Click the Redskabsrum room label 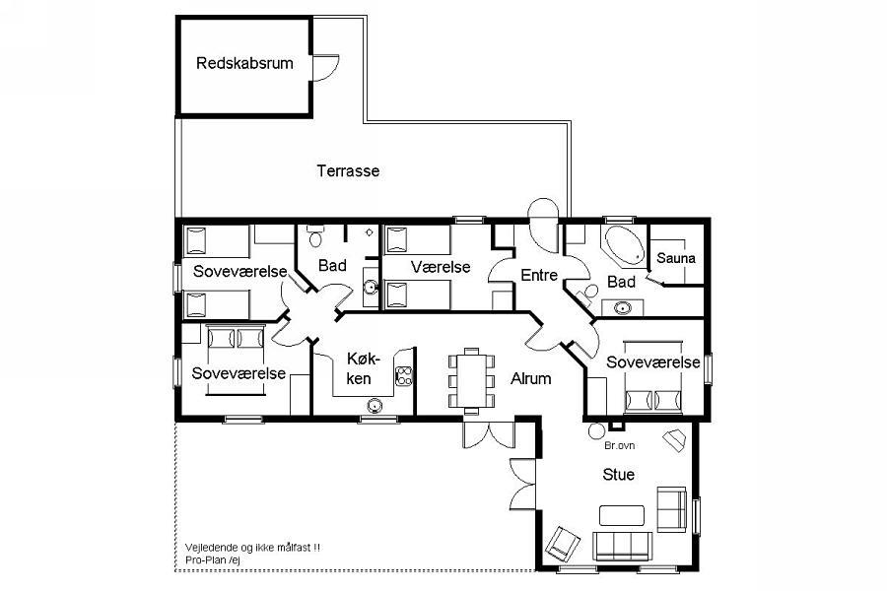coord(244,63)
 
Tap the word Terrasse coord(348,170)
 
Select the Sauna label coord(676,258)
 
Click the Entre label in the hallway coord(539,276)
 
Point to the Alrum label coord(530,378)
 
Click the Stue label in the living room coord(618,475)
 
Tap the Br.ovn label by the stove coord(620,445)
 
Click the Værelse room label coord(441,267)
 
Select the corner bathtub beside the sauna coord(625,246)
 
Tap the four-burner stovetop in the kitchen coord(404,376)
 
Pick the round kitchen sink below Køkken coord(375,405)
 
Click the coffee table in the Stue coord(622,515)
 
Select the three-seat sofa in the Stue coord(622,546)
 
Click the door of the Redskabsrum coord(325,68)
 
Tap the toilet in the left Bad coord(315,236)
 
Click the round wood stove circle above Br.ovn coord(596,431)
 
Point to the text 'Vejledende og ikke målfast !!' coord(252,548)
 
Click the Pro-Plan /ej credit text coord(213,559)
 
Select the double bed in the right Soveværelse coord(652,376)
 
